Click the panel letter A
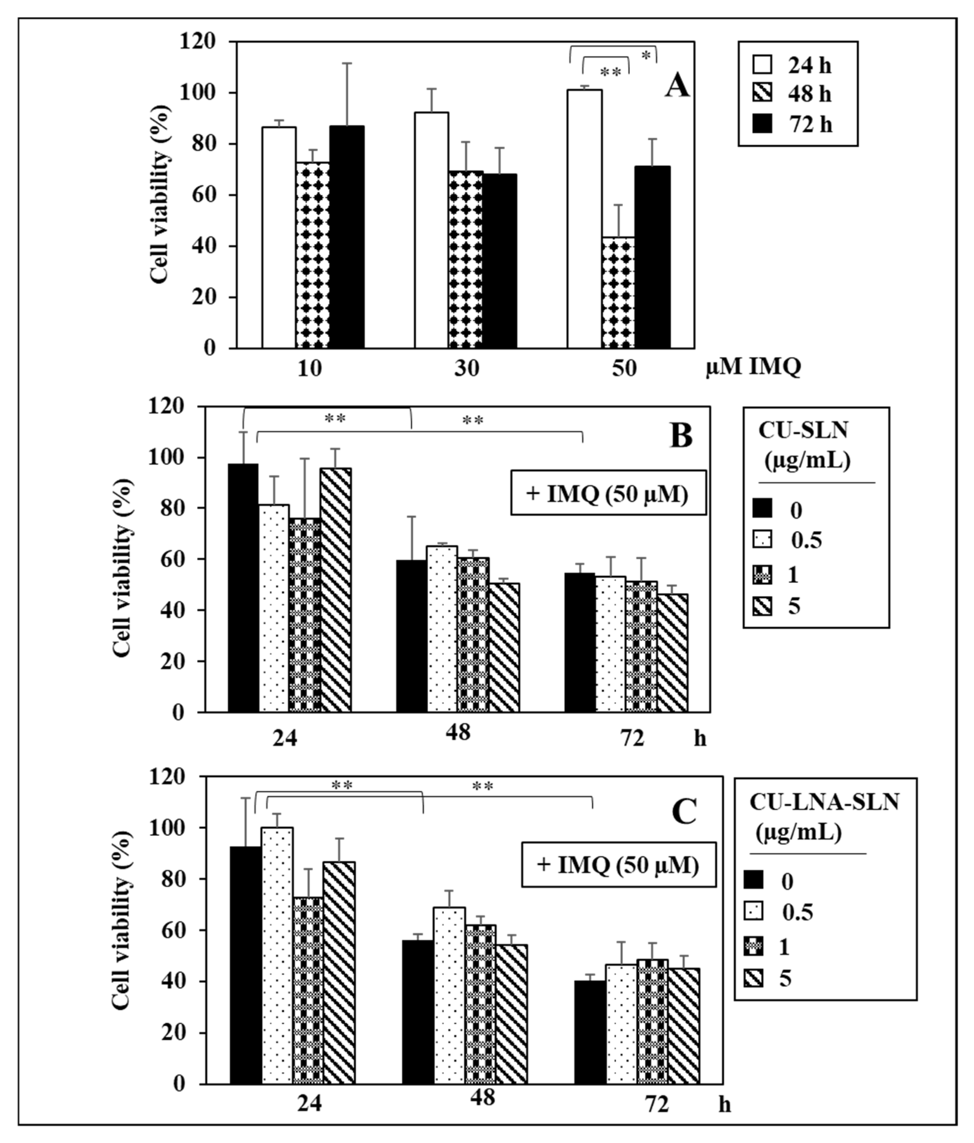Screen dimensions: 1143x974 coord(676,87)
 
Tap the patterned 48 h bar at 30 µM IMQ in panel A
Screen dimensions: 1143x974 coord(465,259)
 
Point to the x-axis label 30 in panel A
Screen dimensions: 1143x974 coord(466,368)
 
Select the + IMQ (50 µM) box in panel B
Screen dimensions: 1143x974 coord(608,493)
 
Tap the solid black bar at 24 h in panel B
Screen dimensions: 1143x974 coord(243,587)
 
